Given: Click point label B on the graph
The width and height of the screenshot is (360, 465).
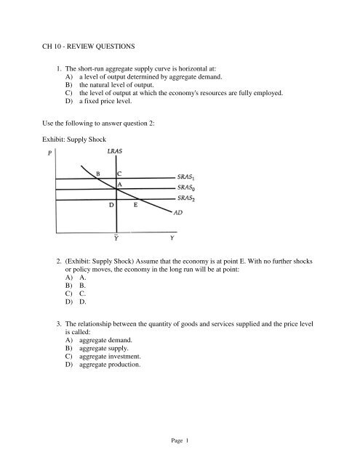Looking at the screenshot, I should click(x=98, y=173).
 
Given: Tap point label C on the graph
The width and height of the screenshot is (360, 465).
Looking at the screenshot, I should click(x=119, y=173).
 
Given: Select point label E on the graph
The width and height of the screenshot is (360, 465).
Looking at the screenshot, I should click(x=136, y=206).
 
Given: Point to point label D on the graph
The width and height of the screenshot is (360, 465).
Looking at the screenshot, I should click(x=111, y=206).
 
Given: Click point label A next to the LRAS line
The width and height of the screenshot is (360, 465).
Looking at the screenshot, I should click(x=119, y=185).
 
